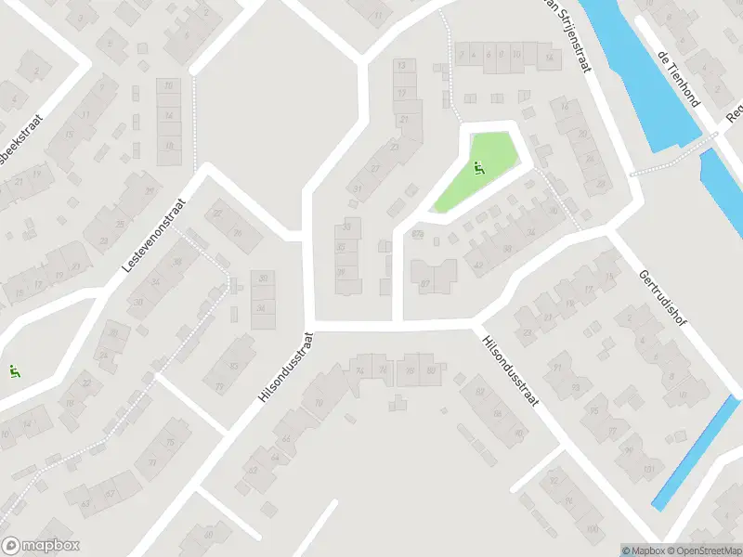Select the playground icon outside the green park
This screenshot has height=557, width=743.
tap(14, 372)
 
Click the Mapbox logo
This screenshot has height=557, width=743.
tap(42, 546)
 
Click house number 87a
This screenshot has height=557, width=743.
tap(417, 234)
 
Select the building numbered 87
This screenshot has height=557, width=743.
tap(425, 283)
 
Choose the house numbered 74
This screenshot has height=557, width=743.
tap(360, 370)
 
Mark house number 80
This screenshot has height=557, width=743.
tap(430, 371)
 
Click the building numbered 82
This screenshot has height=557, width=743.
tap(480, 392)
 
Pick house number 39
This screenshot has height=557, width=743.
tap(342, 272)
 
